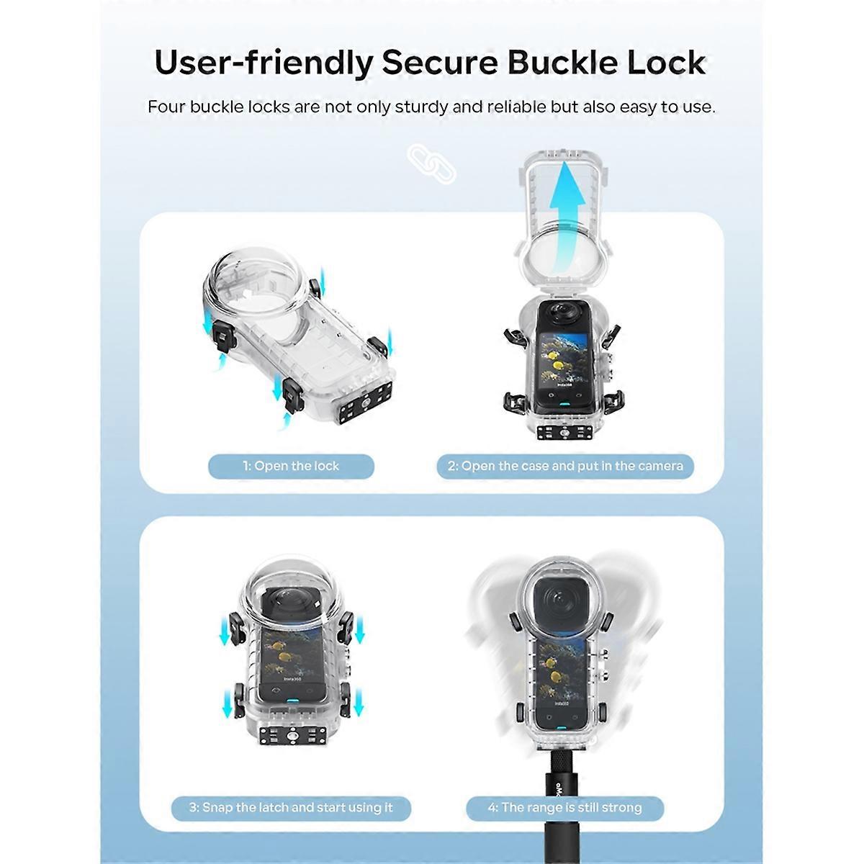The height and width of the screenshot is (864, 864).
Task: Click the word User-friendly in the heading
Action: click(x=264, y=64)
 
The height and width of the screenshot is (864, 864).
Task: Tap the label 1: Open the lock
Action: click(x=291, y=467)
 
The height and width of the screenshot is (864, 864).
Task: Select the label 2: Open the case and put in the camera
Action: click(x=565, y=467)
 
